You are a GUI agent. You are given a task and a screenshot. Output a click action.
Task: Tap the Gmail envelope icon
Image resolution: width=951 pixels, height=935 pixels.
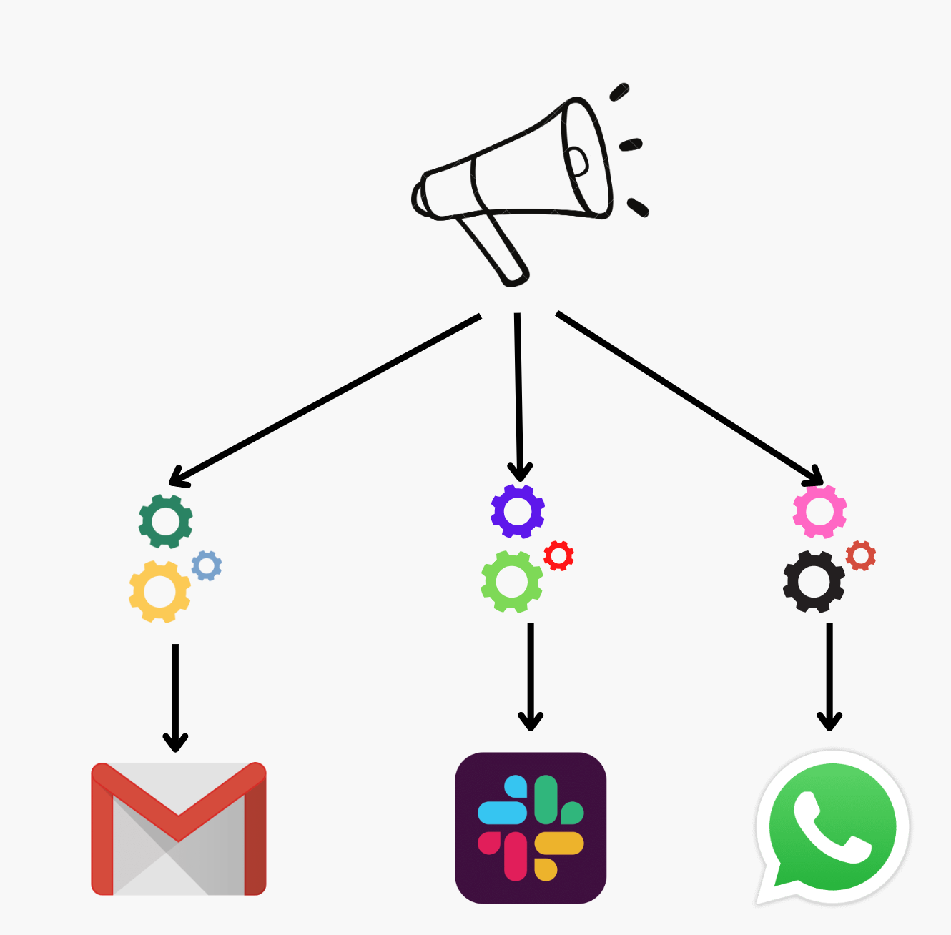click(179, 828)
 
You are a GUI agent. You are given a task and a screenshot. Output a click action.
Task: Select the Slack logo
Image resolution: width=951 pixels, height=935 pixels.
click(531, 828)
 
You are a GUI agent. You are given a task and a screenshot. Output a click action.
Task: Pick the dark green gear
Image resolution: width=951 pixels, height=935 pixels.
click(166, 521)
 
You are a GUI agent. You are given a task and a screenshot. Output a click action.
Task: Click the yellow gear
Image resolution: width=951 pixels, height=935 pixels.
click(160, 592)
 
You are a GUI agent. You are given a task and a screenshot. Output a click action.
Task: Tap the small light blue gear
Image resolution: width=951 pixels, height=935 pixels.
click(207, 565)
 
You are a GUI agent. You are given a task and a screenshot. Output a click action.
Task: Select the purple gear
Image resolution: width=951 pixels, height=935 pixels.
click(518, 511)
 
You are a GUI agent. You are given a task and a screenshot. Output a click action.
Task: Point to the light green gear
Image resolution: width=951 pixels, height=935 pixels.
click(512, 582)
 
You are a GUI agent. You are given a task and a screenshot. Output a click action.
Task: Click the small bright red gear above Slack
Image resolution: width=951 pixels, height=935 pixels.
click(559, 555)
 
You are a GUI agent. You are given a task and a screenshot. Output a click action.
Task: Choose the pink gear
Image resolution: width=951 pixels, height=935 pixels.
click(820, 511)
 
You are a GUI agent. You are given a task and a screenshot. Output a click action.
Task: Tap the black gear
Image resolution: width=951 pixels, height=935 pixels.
click(814, 582)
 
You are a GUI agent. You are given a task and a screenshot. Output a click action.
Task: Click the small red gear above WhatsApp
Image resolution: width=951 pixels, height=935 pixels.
click(861, 555)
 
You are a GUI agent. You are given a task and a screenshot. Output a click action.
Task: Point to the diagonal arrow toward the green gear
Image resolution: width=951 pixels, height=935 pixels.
click(325, 400)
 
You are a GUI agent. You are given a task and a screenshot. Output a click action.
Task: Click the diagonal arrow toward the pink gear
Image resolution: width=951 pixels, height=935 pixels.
click(690, 398)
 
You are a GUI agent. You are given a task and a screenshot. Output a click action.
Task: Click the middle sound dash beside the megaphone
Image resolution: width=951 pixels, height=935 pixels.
click(631, 145)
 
